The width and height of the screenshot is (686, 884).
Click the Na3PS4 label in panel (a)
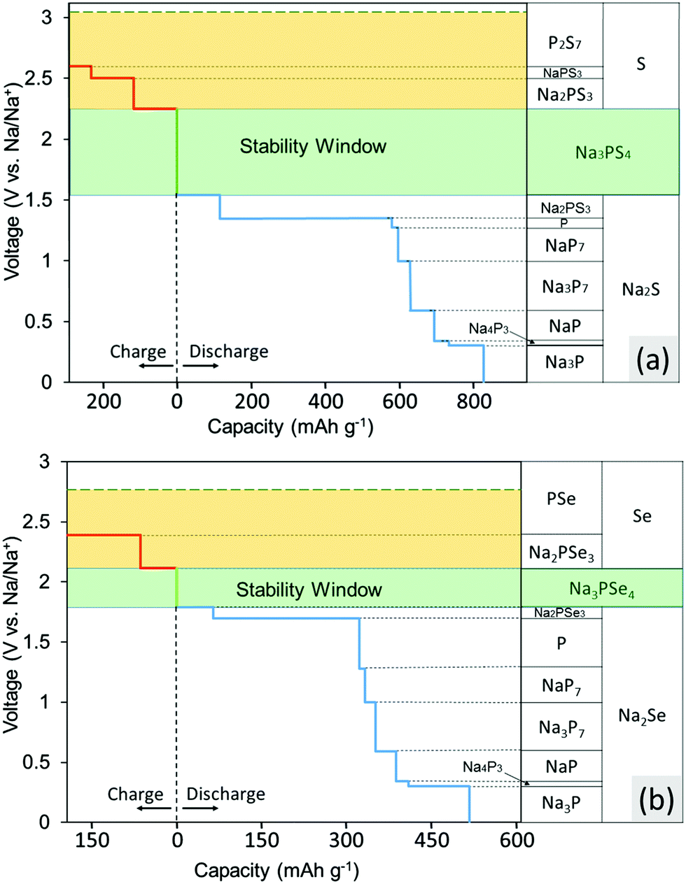point(603,152)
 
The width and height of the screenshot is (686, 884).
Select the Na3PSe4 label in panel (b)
point(601,590)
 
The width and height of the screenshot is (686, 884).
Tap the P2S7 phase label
point(565,43)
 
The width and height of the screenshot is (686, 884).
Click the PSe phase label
point(561,499)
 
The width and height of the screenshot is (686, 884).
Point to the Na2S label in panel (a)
point(640,290)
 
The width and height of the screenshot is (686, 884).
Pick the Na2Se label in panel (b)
point(641,716)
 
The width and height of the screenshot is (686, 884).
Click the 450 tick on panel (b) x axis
point(431,839)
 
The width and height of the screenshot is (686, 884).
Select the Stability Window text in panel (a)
point(313,146)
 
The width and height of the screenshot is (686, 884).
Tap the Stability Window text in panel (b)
point(309,590)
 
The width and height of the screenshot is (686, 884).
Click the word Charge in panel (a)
point(138,351)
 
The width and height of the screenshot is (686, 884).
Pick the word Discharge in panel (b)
point(225,794)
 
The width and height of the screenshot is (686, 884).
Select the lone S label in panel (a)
point(640,64)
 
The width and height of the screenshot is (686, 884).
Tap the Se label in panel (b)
point(642,516)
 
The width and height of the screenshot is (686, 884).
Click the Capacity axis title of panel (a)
point(290,426)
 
